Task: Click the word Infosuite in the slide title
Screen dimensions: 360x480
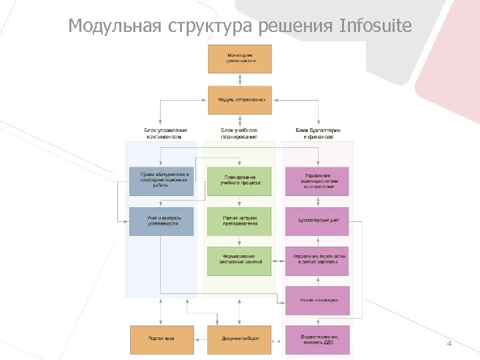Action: point(376,26)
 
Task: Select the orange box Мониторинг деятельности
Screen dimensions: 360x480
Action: point(240,59)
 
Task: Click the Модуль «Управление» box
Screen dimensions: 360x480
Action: point(240,100)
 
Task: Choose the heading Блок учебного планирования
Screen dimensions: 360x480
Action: point(239,133)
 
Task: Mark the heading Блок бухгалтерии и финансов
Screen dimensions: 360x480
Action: point(318,133)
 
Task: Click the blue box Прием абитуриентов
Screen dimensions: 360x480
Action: point(162,181)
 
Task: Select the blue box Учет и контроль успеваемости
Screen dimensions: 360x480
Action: point(162,221)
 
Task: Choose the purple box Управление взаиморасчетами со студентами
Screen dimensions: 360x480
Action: point(317,181)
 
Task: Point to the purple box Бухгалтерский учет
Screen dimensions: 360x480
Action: point(317,221)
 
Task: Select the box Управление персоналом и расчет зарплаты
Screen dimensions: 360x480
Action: point(317,261)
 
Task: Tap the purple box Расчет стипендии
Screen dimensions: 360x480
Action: point(317,300)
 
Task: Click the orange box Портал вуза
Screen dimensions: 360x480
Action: point(162,339)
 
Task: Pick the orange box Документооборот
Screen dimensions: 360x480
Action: point(240,339)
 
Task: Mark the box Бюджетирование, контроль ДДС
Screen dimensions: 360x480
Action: point(317,339)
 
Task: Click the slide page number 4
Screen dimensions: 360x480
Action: point(449,343)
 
